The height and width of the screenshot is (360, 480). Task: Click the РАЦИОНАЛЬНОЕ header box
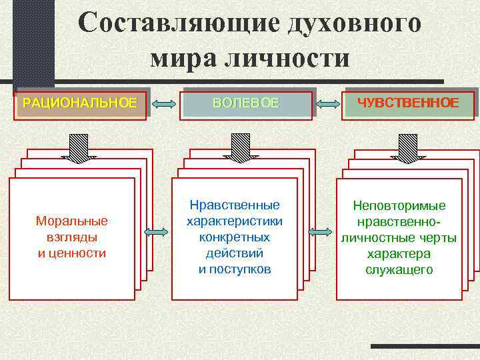click(81, 103)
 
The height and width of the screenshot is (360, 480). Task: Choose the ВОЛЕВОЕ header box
click(246, 103)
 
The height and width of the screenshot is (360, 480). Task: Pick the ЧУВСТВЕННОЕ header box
click(408, 103)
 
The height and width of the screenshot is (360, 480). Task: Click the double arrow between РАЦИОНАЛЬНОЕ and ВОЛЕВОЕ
click(164, 104)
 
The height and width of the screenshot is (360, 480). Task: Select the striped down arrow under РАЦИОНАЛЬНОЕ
click(77, 147)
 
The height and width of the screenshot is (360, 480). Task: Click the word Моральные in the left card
click(72, 221)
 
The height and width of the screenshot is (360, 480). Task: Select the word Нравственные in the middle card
click(235, 205)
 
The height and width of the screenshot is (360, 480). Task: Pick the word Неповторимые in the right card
click(399, 206)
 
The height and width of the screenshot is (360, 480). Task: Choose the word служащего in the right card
click(399, 270)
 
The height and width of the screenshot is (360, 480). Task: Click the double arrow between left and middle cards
click(155, 232)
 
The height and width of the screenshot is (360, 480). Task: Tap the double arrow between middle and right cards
click(321, 232)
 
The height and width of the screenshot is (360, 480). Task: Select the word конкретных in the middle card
click(235, 237)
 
